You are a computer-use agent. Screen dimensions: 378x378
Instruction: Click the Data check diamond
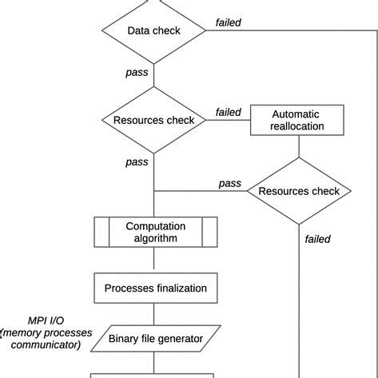click(x=153, y=31)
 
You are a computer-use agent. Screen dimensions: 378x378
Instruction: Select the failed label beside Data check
click(x=229, y=22)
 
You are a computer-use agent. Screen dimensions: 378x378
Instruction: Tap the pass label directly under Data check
click(x=137, y=73)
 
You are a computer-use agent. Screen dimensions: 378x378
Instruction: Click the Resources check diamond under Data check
click(x=153, y=121)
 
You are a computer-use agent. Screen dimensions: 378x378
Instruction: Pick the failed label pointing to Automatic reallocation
click(x=228, y=112)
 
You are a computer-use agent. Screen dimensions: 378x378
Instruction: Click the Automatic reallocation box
click(x=298, y=121)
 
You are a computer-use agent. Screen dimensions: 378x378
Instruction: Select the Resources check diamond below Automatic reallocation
click(x=298, y=191)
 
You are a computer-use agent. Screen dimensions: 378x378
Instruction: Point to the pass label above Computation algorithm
click(x=137, y=162)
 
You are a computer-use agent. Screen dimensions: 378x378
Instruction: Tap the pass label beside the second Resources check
click(x=229, y=183)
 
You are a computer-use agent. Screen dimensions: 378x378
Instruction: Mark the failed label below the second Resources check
click(x=317, y=238)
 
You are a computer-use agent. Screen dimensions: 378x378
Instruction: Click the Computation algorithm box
click(x=155, y=233)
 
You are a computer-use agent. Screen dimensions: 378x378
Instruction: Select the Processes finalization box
click(x=155, y=288)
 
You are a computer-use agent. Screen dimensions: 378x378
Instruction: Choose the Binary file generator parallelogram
click(x=154, y=338)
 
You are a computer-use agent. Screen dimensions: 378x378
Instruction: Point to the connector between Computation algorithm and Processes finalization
click(x=154, y=261)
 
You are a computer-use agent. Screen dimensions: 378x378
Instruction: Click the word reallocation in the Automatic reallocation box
click(x=298, y=126)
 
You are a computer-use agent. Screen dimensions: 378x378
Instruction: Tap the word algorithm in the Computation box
click(x=155, y=238)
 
